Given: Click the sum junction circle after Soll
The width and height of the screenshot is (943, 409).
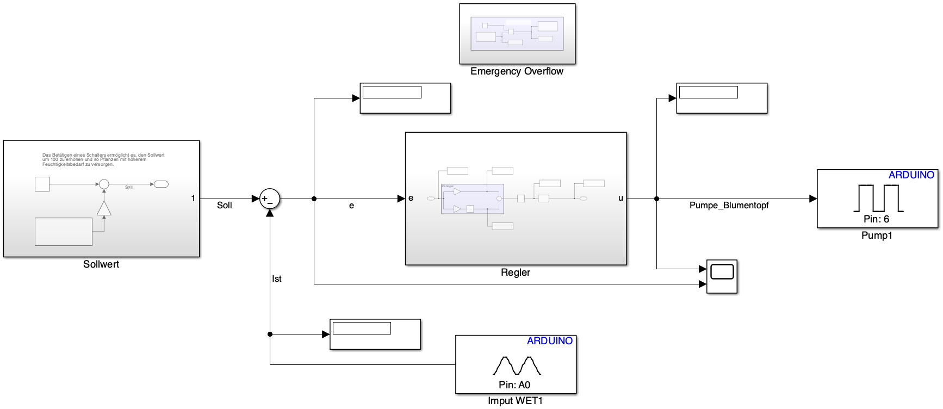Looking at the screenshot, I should point(269,199).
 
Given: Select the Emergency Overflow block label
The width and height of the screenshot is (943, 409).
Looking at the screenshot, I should point(517,71).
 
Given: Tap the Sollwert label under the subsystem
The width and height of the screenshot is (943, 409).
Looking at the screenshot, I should point(101,264).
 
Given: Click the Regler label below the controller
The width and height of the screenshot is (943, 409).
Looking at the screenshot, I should point(516,272).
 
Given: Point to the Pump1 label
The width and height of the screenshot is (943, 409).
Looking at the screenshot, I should point(877,236).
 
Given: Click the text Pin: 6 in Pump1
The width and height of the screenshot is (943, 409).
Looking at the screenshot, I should point(877,219).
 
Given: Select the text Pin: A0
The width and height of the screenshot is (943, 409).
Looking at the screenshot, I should point(514,385).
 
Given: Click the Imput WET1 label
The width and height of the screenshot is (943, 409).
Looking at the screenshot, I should point(515,401).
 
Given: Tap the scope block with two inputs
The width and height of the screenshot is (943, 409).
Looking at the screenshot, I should point(722,276).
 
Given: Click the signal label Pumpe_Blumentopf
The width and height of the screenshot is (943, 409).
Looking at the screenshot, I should point(729,206).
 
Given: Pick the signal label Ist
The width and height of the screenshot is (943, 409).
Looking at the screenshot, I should point(277,279).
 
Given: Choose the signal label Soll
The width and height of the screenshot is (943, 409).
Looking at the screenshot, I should point(225,206).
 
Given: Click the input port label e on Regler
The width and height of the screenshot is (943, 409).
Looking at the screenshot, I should point(411,198).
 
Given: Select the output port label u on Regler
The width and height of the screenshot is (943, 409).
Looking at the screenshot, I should point(621,198).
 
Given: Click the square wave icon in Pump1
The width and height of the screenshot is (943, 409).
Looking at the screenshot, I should point(878,198).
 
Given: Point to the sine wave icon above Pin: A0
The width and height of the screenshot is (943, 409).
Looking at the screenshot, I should point(517,365).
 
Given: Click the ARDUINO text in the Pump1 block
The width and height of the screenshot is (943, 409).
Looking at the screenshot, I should point(911,175).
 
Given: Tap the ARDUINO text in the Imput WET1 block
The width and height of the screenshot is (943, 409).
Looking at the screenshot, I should point(549,341).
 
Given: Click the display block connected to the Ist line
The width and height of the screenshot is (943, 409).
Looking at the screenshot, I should point(375,334).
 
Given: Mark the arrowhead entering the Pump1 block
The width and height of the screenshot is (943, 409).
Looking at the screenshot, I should point(813,199).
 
